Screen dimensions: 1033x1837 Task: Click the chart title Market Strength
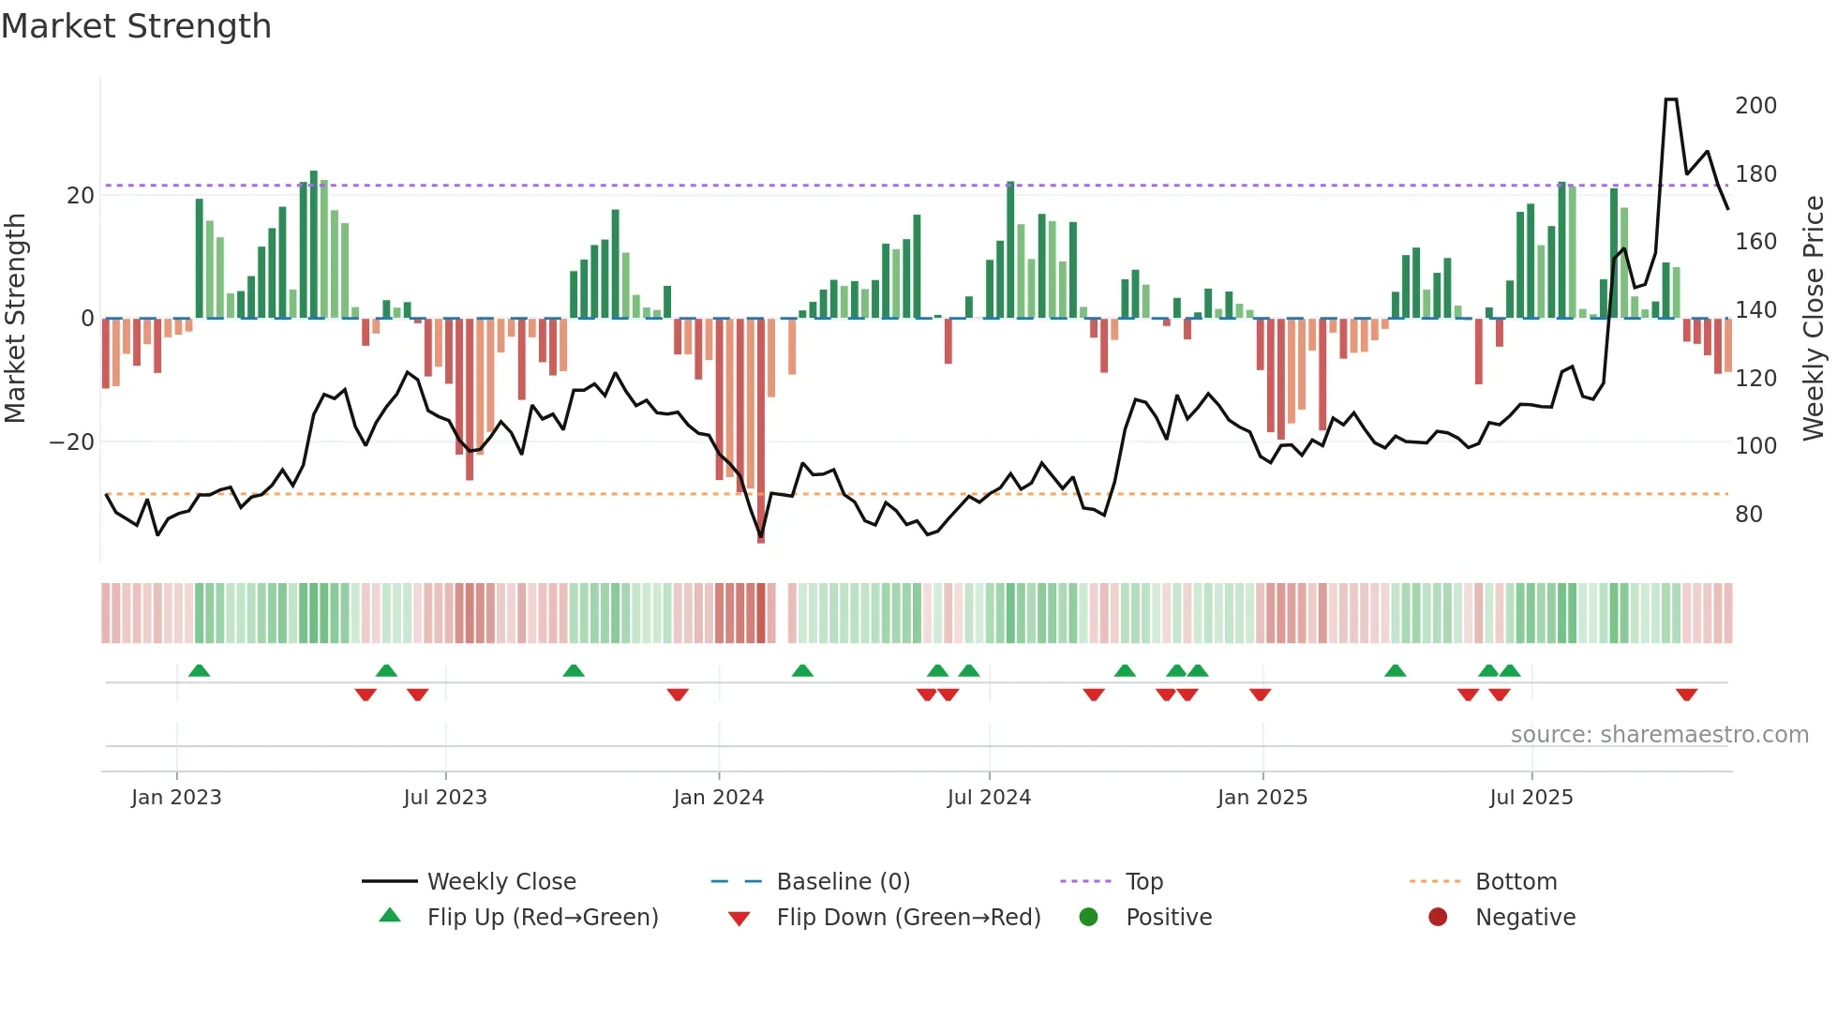136,26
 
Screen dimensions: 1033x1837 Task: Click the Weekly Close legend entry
500,881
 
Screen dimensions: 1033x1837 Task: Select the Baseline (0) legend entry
843,881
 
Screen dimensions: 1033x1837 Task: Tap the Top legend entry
1143,881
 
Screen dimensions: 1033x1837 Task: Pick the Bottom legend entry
1516,881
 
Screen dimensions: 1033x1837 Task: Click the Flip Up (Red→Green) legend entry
542,917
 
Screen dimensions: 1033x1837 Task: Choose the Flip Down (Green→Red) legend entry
908,917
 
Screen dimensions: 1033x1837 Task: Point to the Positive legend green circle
1088,917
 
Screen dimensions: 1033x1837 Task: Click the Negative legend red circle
1438,917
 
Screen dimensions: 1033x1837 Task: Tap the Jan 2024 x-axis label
719,798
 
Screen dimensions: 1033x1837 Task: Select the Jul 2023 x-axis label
445,798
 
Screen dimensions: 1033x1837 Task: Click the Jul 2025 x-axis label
1531,798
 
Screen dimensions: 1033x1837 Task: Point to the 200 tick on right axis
1755,105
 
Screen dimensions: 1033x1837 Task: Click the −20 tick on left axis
72,442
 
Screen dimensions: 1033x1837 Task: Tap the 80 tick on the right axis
1749,514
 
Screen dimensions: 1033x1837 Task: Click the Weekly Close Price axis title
1814,318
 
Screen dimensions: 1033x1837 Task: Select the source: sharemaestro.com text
1659,734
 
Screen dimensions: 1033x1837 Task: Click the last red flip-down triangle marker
1686,695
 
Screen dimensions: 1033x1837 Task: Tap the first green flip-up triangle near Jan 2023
199,670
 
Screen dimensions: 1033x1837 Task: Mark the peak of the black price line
1671,99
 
